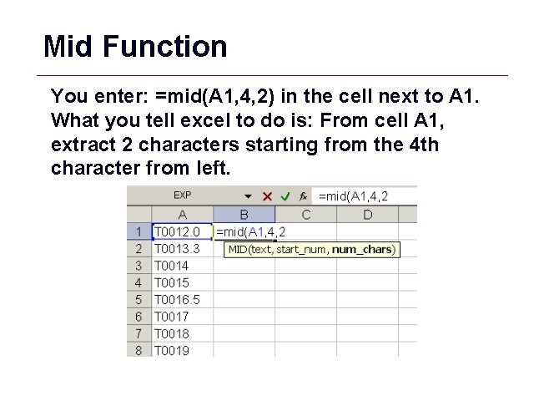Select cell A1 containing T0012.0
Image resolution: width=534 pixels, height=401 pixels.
coord(182,231)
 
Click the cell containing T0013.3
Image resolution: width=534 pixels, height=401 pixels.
coord(182,249)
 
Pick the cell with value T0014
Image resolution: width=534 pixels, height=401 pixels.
coord(182,266)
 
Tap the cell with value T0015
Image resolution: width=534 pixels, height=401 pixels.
coord(182,282)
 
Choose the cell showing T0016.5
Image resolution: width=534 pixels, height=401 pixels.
coord(182,299)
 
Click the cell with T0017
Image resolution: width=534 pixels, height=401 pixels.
coord(182,317)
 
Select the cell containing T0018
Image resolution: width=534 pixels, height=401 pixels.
coord(182,333)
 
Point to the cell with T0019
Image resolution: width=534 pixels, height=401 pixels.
coord(182,350)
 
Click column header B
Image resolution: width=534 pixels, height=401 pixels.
coord(244,215)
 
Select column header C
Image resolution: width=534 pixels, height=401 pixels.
coord(305,215)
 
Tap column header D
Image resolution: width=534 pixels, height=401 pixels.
coord(367,215)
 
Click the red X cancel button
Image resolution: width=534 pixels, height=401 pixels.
coord(268,196)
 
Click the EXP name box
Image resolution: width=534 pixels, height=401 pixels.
coord(182,195)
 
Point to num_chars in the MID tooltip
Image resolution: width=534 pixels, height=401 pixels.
coord(363,249)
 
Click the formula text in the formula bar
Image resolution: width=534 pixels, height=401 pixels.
coord(354,196)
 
